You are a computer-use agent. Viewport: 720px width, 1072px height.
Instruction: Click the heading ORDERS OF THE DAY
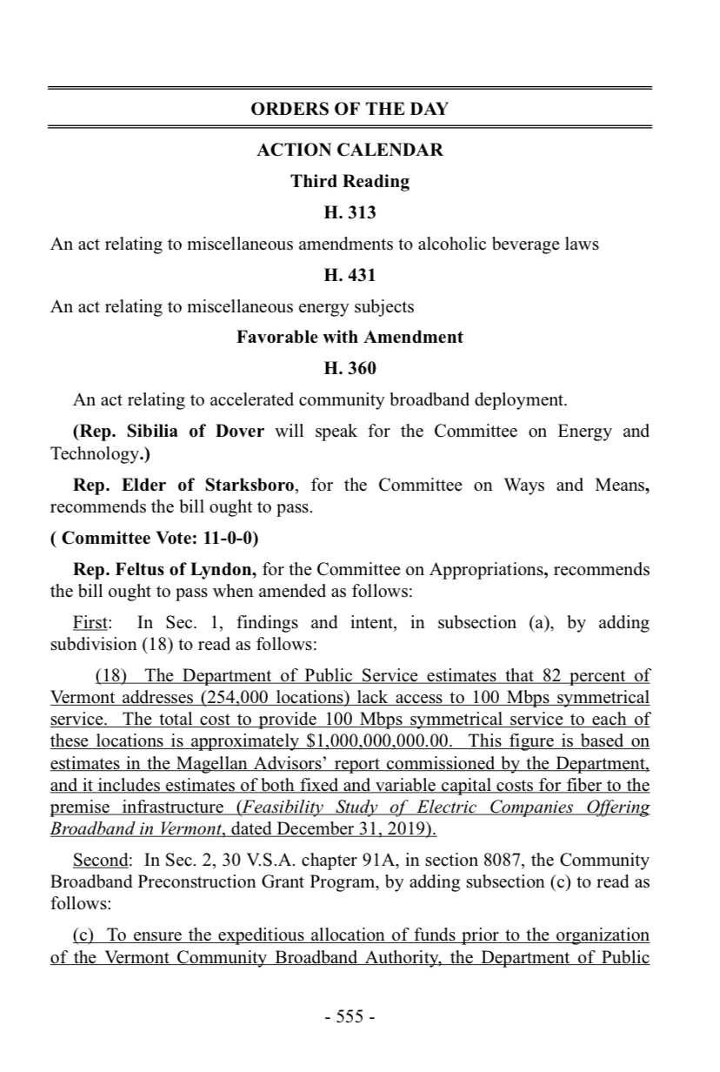click(x=350, y=109)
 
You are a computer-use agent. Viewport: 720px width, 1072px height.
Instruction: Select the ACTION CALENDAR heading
click(x=350, y=150)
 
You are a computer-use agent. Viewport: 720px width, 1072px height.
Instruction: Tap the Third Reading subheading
click(x=350, y=181)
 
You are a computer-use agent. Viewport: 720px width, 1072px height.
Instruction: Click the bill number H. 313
click(x=350, y=212)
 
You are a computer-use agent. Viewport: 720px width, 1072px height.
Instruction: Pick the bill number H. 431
click(x=350, y=275)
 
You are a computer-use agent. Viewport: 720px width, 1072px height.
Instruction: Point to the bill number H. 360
click(x=350, y=368)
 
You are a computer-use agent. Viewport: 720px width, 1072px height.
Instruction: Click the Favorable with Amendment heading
click(x=350, y=337)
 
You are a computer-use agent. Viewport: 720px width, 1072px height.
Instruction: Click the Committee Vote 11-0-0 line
click(x=155, y=538)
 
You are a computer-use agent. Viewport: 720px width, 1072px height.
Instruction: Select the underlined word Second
click(x=100, y=861)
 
